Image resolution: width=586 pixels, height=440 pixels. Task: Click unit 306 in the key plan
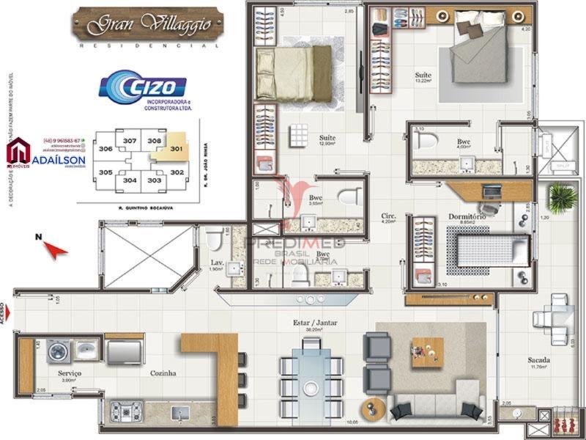click(106, 149)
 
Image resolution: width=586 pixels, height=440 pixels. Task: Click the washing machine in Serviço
click(58, 352)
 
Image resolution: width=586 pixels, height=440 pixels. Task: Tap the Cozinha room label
click(163, 373)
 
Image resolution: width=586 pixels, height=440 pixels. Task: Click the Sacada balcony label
click(540, 360)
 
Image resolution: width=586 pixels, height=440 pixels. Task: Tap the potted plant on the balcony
click(562, 197)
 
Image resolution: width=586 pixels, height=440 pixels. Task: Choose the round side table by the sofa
click(373, 407)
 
